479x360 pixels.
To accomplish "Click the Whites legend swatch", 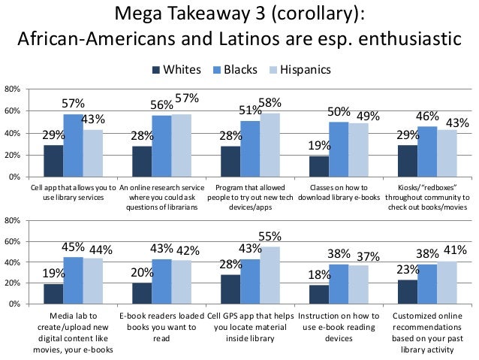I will coord(156,71).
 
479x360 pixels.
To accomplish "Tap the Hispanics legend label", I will coord(305,71).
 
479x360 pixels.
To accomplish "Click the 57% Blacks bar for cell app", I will coord(73,146).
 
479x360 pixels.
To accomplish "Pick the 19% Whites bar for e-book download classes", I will coord(319,166).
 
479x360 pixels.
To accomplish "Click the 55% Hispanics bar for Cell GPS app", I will coord(269,275).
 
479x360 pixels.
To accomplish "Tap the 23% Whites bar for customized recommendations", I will coord(408,292).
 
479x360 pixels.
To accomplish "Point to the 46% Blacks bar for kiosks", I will coord(427,152).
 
